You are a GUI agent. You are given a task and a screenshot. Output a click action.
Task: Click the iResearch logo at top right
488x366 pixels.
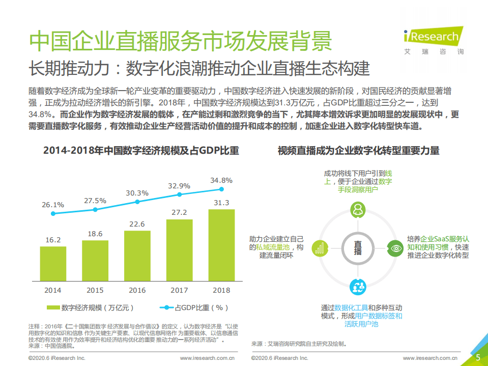coord(432,40)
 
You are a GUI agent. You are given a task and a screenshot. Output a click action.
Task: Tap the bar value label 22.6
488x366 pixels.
coord(137,224)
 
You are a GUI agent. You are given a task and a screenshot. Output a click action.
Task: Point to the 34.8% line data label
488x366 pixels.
coord(221,180)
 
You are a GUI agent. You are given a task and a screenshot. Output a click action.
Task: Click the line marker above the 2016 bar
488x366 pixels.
coord(137,202)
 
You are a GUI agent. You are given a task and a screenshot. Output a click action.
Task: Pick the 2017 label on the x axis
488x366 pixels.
coord(179,290)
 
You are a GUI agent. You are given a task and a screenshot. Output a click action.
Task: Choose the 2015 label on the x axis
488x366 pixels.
coord(95,290)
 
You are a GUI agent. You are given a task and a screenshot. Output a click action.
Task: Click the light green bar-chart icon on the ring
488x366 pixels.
coord(320,248)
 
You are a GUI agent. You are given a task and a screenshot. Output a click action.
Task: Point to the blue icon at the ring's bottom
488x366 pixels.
coord(358,286)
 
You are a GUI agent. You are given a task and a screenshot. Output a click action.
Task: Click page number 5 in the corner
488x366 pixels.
coord(478,357)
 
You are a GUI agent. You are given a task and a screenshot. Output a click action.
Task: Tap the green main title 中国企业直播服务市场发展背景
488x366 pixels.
coord(181,41)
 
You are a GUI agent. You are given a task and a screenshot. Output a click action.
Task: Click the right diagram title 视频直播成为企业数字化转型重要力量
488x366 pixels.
coord(358,151)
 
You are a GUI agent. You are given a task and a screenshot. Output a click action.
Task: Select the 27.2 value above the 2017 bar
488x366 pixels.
coord(179,212)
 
